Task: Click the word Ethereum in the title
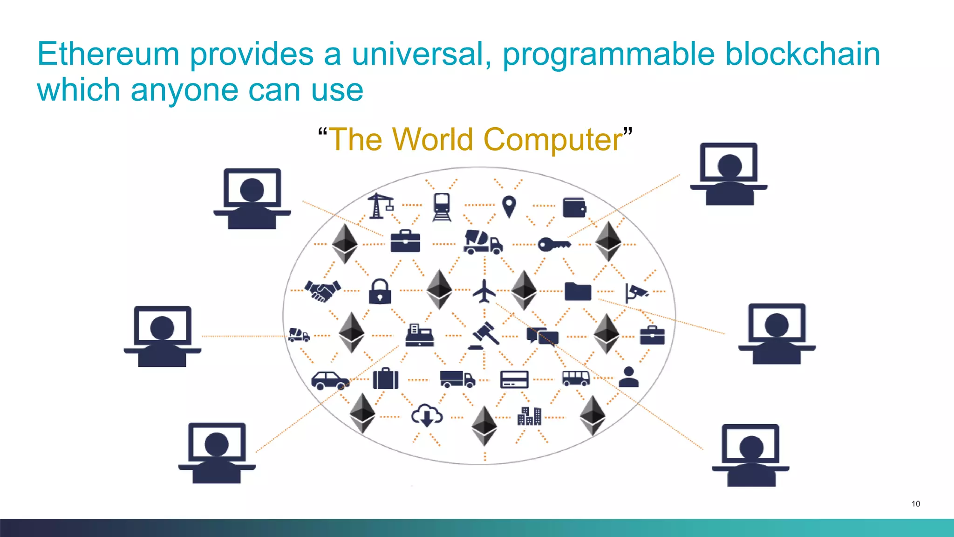[108, 54]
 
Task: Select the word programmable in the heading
[608, 55]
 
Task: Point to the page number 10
[915, 503]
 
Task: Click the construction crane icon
[380, 206]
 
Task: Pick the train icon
[442, 207]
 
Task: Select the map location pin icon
[509, 206]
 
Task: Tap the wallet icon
[574, 207]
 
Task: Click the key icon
[553, 244]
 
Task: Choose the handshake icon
[322, 291]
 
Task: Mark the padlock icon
[380, 291]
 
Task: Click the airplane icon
[484, 291]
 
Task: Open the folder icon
[578, 291]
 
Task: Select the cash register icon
[419, 335]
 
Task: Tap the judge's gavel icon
[484, 335]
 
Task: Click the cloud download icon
[427, 415]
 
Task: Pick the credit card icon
[514, 379]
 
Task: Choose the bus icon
[576, 378]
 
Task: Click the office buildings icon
[529, 416]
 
